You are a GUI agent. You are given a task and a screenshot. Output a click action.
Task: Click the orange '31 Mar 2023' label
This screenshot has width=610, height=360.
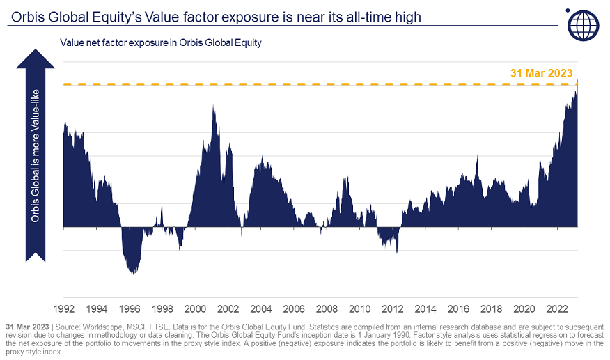pos(541,73)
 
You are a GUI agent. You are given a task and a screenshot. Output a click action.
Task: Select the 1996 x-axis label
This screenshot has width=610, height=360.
pos(130,308)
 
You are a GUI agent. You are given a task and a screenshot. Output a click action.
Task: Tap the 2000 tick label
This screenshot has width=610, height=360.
pos(195,308)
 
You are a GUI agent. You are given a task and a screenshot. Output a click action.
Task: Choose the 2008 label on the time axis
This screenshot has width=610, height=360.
pos(327,308)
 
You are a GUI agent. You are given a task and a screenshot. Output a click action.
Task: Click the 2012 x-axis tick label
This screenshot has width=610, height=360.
pos(392,308)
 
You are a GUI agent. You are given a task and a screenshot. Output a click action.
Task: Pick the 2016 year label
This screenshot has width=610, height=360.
pos(458,308)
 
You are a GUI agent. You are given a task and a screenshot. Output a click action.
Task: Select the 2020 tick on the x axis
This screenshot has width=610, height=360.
pos(524,308)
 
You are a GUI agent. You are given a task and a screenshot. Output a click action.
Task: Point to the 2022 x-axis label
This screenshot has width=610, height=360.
pos(556,308)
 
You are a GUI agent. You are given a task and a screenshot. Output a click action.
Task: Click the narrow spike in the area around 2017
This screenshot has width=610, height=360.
pos(477,156)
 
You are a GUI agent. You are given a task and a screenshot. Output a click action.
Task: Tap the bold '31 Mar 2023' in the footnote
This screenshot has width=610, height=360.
pos(26,326)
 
